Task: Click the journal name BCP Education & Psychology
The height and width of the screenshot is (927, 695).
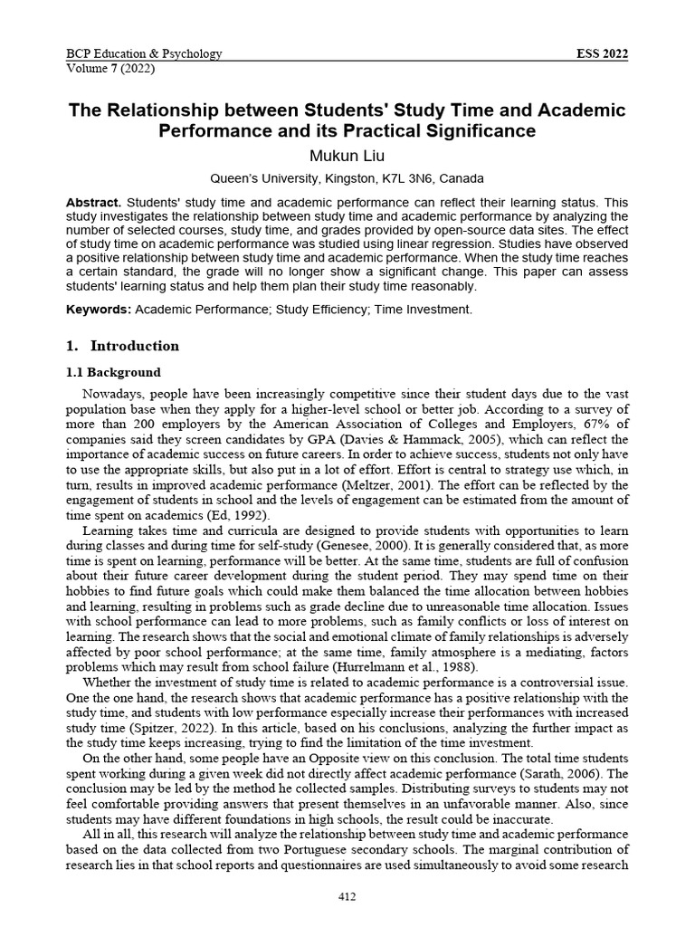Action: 145,53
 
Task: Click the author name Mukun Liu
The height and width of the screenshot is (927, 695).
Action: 347,156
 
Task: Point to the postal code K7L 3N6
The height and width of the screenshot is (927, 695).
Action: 413,178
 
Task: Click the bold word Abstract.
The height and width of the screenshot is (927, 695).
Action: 95,202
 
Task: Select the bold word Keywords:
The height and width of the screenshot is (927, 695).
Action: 99,310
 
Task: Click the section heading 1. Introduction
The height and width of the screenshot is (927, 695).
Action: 123,346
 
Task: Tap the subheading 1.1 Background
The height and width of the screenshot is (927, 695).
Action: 114,372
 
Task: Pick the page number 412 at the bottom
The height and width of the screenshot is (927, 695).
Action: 347,897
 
